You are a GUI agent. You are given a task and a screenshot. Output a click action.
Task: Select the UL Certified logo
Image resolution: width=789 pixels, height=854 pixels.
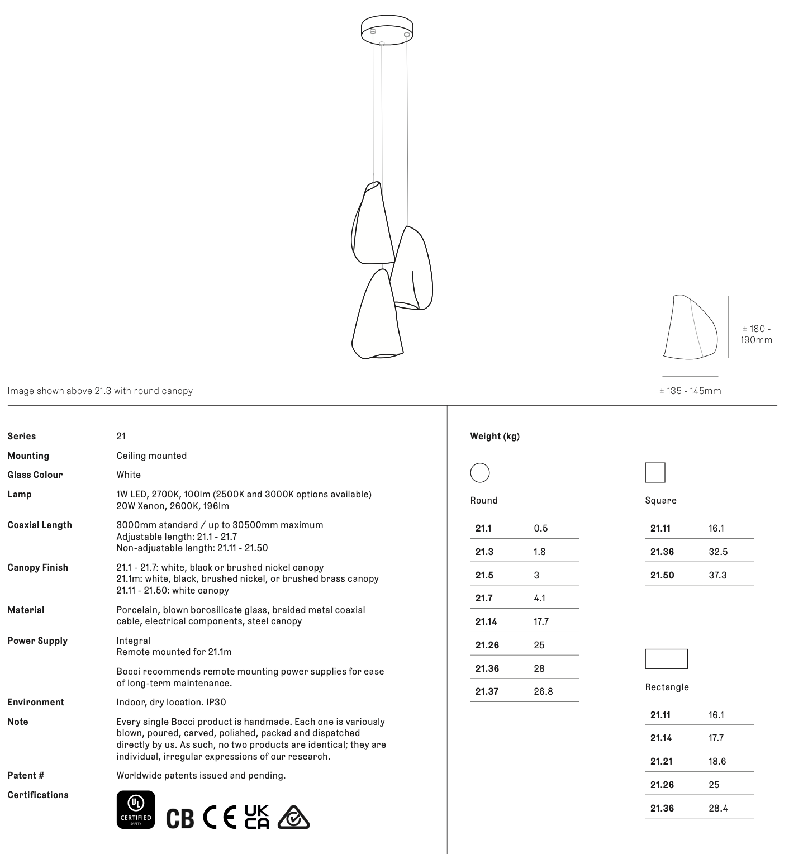click(x=136, y=809)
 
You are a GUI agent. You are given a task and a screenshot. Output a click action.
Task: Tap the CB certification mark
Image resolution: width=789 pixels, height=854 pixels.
click(x=180, y=818)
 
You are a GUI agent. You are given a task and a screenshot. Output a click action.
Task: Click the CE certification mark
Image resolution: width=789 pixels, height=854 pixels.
click(x=219, y=817)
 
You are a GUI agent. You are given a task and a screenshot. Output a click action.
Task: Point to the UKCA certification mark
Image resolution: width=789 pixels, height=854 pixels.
click(x=257, y=817)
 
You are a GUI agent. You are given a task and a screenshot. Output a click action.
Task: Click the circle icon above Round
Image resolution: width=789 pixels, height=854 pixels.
click(x=480, y=473)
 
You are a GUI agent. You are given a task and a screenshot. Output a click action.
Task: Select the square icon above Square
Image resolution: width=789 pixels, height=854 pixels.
click(x=655, y=473)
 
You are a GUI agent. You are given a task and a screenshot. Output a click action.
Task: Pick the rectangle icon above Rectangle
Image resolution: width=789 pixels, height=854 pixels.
click(x=666, y=659)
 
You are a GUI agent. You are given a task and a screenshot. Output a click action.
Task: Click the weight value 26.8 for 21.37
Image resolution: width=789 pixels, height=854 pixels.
click(x=543, y=691)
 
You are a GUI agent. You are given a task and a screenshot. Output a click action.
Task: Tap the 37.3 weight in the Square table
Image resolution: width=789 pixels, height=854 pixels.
click(x=717, y=575)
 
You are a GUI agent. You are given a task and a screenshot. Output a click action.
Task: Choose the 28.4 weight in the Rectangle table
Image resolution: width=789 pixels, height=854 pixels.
click(x=718, y=808)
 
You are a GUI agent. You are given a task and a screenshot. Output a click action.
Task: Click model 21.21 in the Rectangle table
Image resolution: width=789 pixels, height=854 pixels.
click(x=661, y=761)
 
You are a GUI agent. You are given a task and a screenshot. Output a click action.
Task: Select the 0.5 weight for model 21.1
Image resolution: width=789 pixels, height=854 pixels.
click(x=541, y=528)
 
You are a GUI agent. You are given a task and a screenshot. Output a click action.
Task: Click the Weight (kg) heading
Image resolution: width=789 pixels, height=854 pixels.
click(x=495, y=437)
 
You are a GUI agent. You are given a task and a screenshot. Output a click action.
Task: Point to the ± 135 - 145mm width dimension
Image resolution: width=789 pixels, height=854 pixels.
click(x=690, y=391)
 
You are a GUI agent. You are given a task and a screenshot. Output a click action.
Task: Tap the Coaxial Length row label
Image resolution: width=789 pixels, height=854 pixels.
click(x=40, y=525)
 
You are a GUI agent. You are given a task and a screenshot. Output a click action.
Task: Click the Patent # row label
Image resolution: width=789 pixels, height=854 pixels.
click(x=26, y=775)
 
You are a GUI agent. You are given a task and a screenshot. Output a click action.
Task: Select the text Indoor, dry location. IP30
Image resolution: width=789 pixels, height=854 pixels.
click(x=171, y=702)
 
